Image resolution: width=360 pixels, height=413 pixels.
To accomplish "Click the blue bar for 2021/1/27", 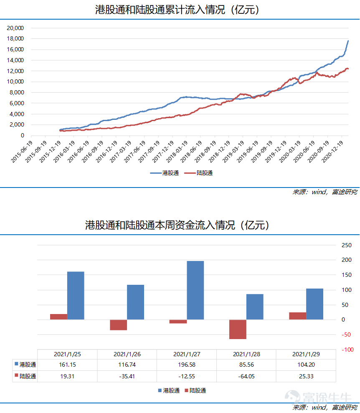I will point(195,290).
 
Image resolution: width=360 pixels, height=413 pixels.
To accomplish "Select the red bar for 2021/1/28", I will point(238,329).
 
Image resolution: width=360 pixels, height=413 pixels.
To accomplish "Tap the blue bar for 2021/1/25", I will point(76,295).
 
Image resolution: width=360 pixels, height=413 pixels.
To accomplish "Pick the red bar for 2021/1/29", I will point(297,316).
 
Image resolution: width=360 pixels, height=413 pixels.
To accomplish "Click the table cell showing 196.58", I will point(187,365).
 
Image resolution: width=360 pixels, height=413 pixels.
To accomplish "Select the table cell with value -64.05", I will point(246,376).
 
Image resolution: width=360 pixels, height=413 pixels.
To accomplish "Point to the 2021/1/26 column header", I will point(127,354).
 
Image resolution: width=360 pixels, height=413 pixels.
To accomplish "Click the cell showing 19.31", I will point(68,376).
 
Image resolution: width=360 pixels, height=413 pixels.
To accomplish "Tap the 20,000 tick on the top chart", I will point(15,28).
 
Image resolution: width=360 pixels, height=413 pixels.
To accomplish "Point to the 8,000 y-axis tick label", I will point(17,92).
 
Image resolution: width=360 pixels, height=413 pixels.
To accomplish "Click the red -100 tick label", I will point(347,350).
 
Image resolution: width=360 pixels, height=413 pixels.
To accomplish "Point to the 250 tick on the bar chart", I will point(347,245).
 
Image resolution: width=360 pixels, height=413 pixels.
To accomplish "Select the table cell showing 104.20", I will point(306,365).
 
